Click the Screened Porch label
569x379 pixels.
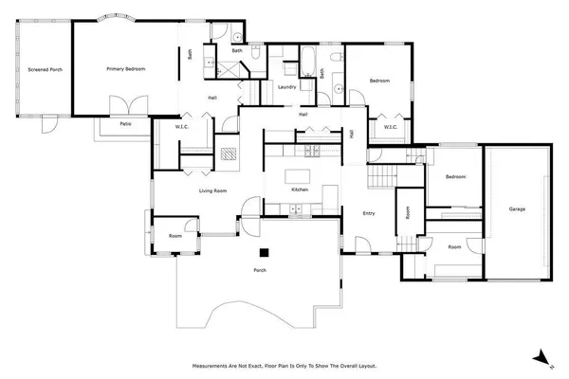45,69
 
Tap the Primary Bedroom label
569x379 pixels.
124,69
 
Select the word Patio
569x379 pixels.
124,123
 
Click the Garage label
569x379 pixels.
517,208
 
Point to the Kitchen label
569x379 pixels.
300,189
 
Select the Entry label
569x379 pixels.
369,213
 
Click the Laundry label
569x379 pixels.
288,87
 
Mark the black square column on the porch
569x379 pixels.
267,252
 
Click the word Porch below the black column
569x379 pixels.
259,271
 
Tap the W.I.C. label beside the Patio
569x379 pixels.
184,127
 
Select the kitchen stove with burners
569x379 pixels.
308,151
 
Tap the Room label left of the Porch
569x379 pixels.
175,236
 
